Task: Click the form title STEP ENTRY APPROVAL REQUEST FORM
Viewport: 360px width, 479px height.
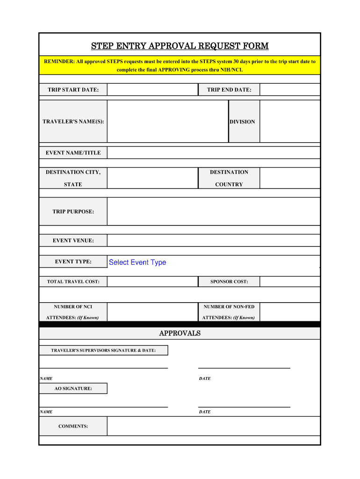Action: [180, 46]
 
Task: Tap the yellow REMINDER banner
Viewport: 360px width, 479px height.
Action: [180, 65]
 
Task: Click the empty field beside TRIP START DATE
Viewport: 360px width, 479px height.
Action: [152, 90]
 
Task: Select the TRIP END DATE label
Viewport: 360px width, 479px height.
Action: [229, 90]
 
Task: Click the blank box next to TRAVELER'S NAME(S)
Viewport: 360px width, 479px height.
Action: [167, 122]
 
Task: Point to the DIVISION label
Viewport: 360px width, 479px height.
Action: [242, 122]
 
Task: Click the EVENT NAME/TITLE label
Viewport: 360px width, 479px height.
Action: [73, 153]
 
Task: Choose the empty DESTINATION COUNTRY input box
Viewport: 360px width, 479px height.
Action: [290, 178]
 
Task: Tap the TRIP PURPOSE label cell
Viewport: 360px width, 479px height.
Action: [73, 211]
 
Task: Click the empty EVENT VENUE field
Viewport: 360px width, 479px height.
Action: [213, 240]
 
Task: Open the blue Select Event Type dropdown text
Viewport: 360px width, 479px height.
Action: [137, 262]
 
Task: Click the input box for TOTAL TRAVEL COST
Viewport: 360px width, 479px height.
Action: [152, 282]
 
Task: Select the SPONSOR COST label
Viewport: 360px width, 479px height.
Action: [229, 282]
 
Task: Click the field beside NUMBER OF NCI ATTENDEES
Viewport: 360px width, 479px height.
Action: [152, 312]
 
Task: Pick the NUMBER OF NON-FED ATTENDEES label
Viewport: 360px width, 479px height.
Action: [229, 312]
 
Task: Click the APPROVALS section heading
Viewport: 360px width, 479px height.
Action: [180, 333]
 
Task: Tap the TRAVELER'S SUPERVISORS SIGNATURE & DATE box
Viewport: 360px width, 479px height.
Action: [103, 350]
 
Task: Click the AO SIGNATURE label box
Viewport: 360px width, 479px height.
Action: [73, 388]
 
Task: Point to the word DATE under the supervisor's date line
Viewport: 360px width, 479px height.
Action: [205, 378]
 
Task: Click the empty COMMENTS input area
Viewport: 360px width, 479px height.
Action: [213, 426]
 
